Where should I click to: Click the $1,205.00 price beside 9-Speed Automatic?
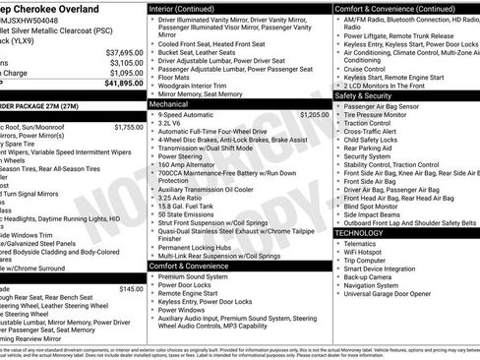(x=314, y=115)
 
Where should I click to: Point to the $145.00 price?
(x=131, y=289)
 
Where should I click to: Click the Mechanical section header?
(x=168, y=103)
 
